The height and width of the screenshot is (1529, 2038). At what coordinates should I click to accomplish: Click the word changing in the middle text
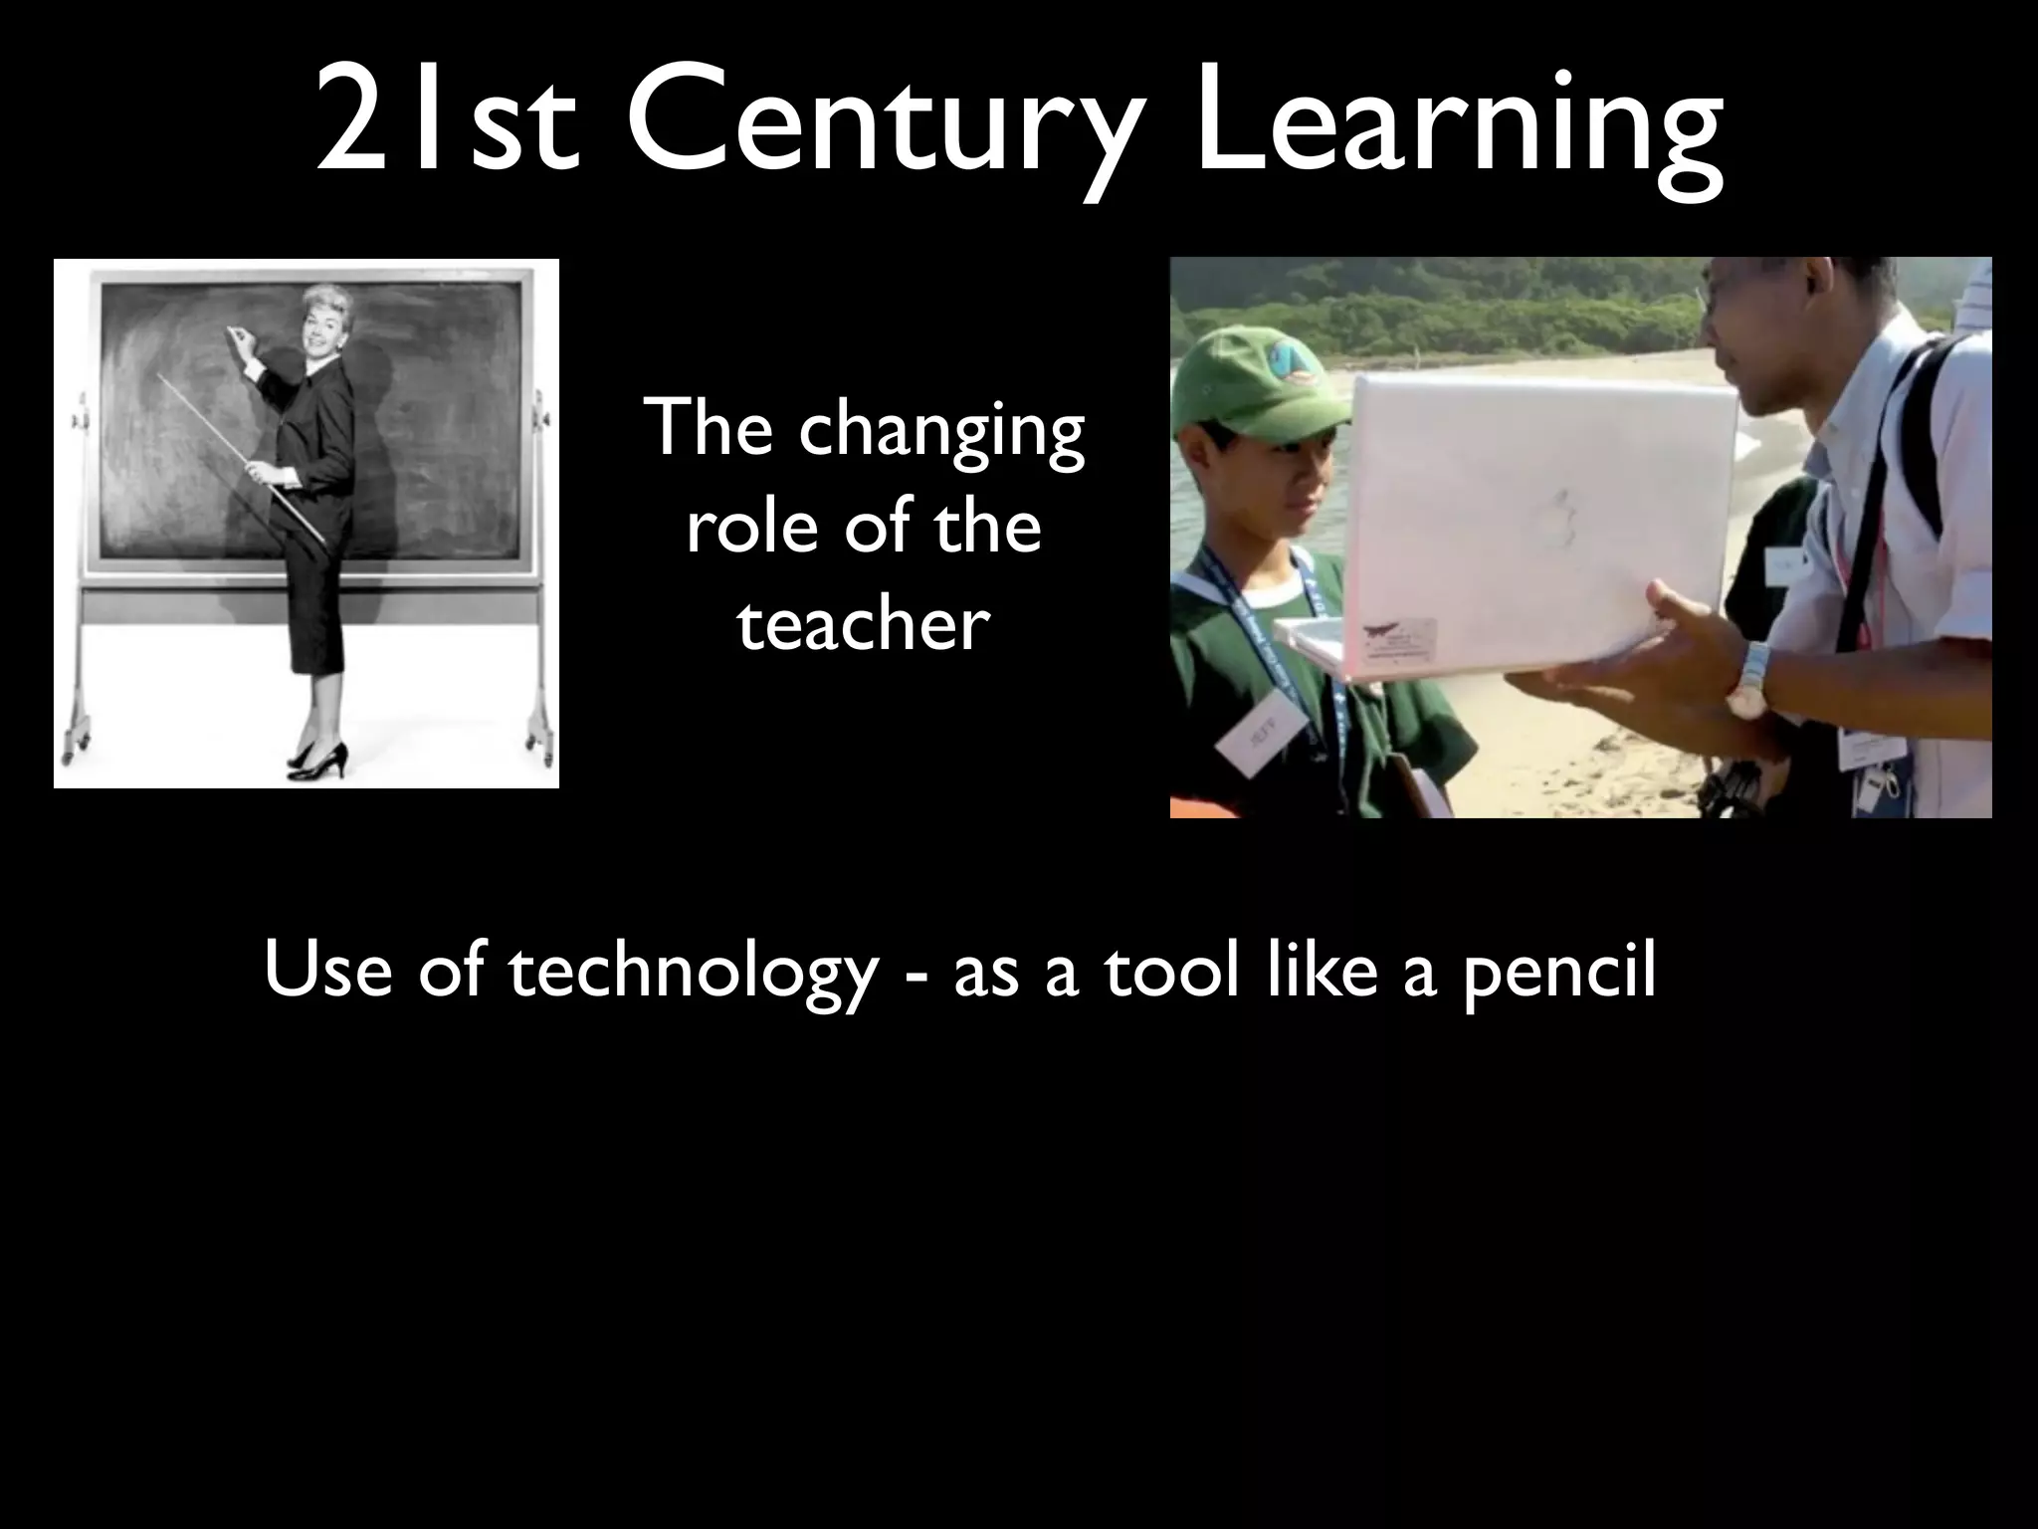[x=940, y=431]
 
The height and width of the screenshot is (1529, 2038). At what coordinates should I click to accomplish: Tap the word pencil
[x=1557, y=973]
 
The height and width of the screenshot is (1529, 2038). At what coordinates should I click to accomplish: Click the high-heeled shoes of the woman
[x=318, y=763]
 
